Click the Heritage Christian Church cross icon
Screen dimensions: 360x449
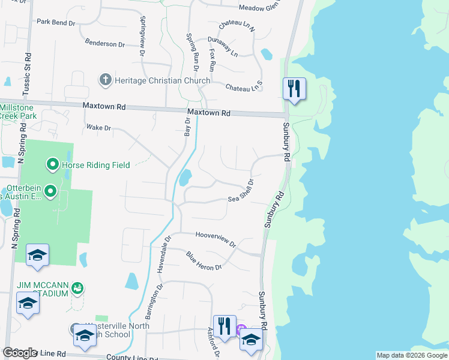pos(105,80)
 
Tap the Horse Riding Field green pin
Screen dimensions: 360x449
pos(52,164)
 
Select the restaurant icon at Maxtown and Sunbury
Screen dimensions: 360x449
pos(294,89)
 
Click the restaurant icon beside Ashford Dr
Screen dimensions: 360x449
pos(224,326)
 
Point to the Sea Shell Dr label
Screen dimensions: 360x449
pos(241,191)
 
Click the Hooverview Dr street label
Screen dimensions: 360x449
pos(215,239)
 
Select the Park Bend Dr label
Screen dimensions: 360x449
pos(56,22)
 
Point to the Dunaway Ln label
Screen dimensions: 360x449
pos(223,47)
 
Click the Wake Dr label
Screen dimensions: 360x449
pos(99,128)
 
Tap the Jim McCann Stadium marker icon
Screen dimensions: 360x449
pos(77,289)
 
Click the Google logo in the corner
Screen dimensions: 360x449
pos(20,353)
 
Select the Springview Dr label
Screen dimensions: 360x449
pos(142,42)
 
